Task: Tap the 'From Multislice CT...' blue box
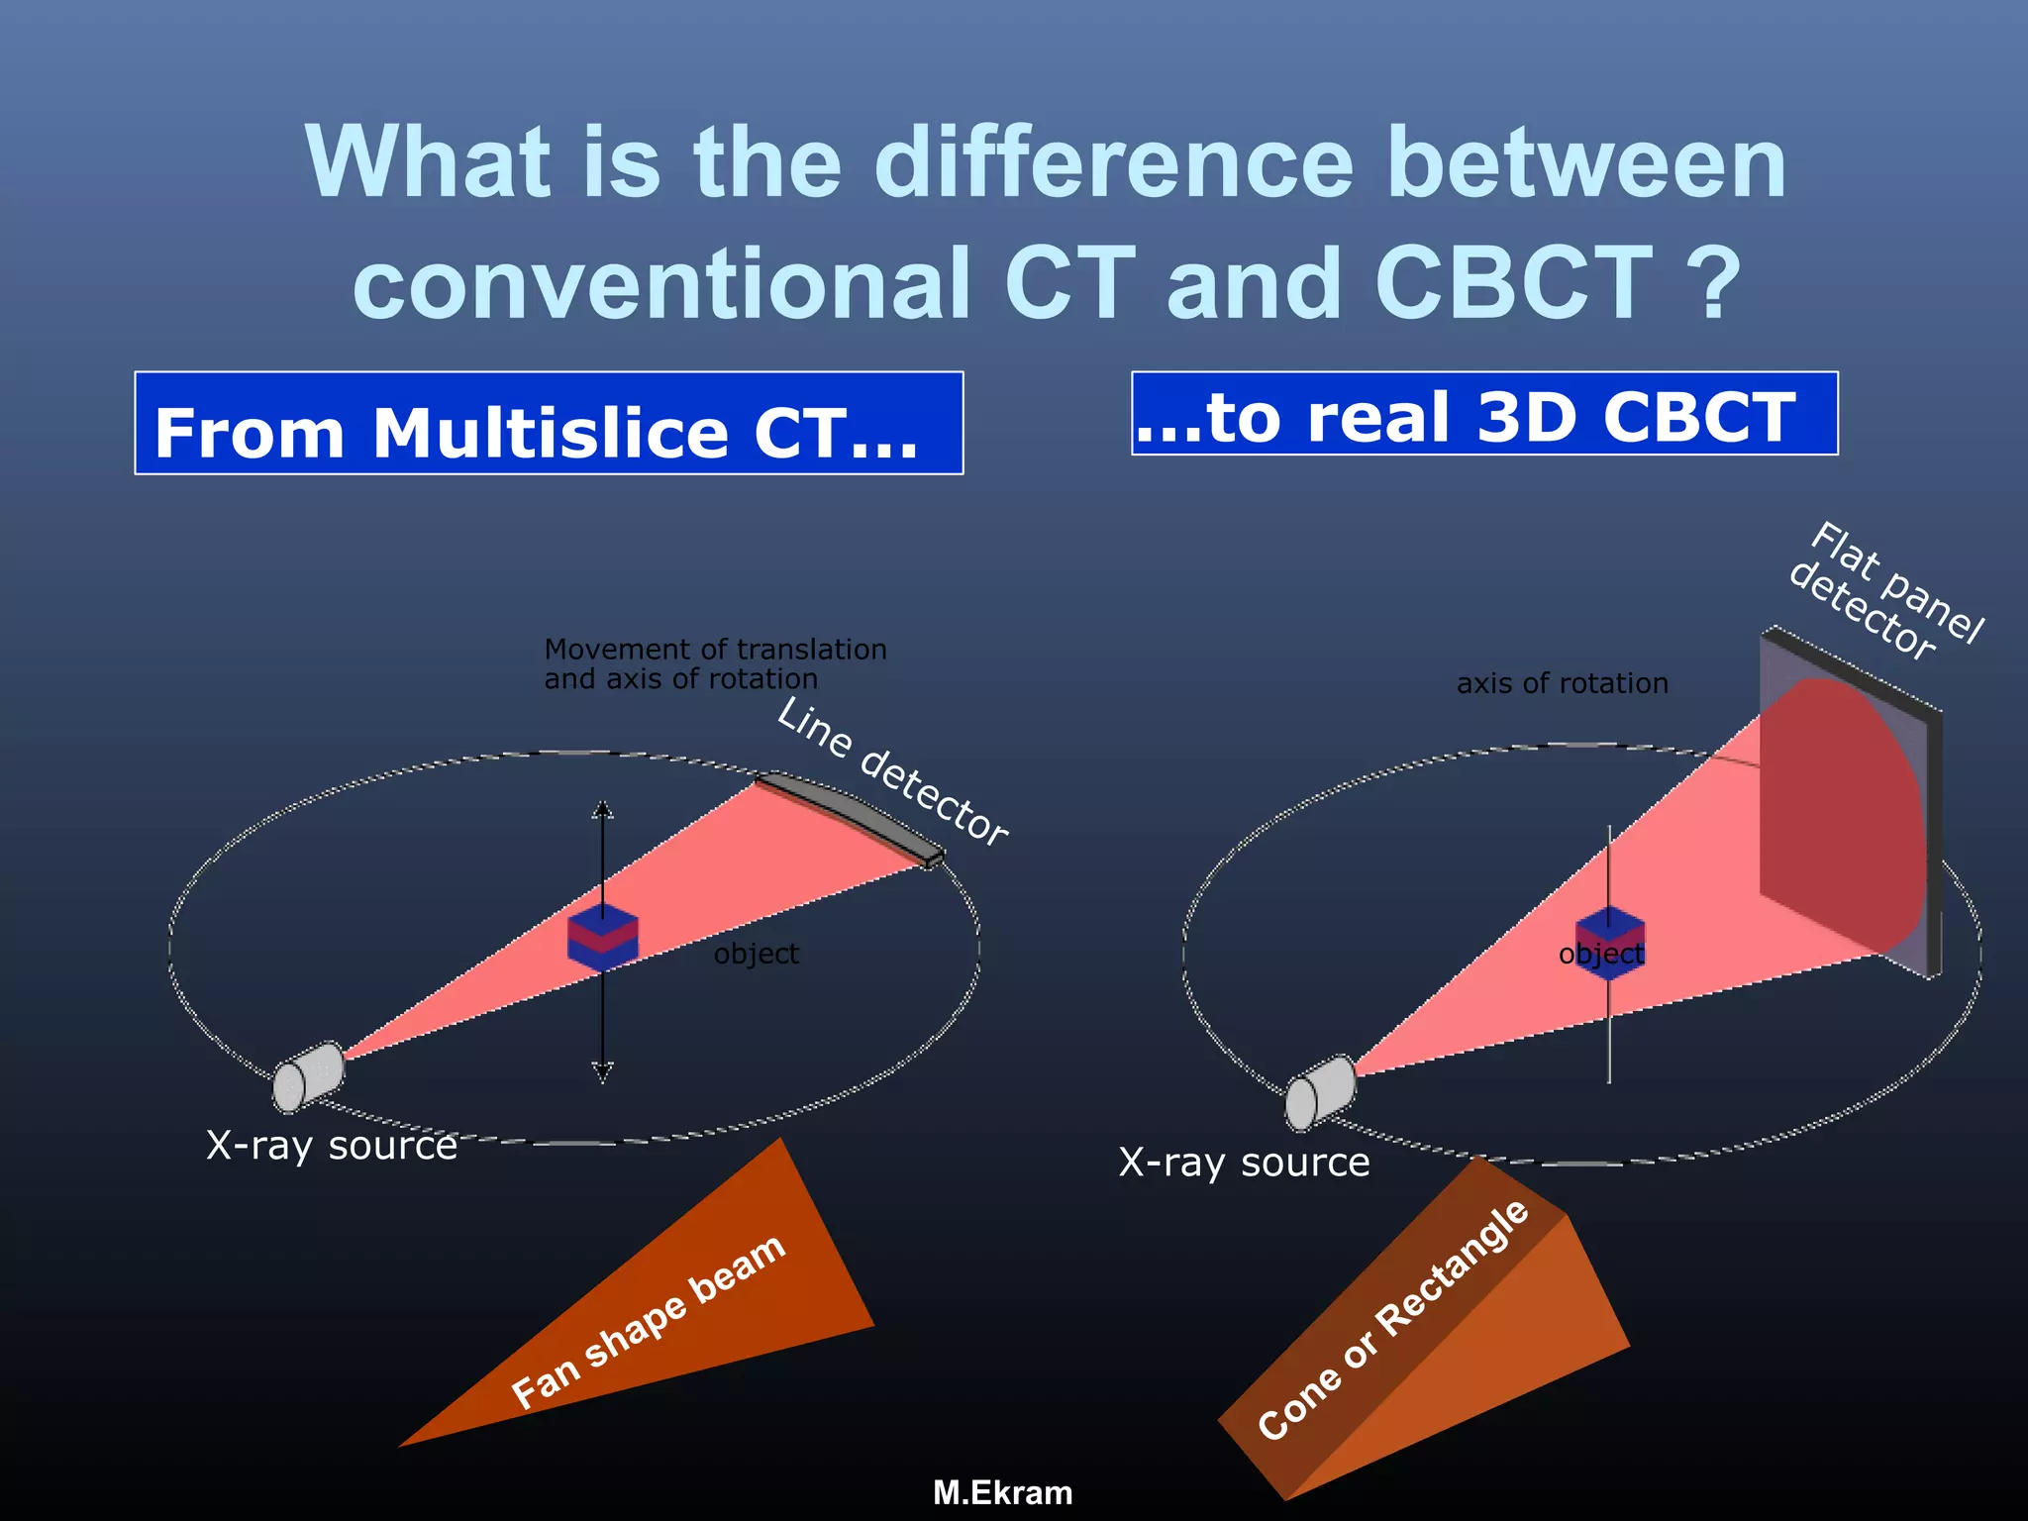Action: click(548, 424)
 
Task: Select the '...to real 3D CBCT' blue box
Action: click(1483, 414)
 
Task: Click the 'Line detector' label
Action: click(891, 771)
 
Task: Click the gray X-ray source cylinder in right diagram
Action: click(1320, 1092)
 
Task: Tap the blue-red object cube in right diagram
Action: click(1609, 941)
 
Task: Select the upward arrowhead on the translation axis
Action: click(602, 810)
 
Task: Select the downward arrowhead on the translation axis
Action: click(602, 1071)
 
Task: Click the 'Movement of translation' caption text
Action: click(715, 650)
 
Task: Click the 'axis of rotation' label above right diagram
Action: click(1562, 683)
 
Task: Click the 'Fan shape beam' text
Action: click(649, 1322)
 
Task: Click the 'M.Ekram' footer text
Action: click(1002, 1492)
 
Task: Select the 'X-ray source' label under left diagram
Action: click(332, 1146)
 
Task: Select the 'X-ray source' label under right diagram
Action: click(1244, 1163)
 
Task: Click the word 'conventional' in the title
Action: click(661, 284)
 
